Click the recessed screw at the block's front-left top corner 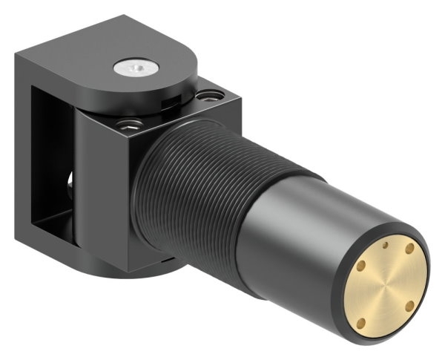(131, 122)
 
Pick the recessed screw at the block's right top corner (212, 95)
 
